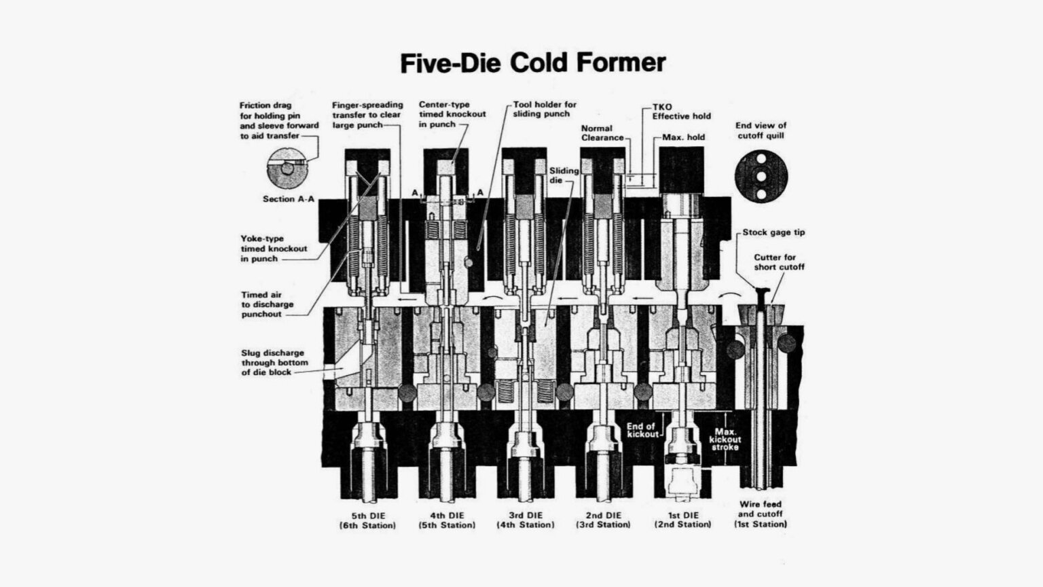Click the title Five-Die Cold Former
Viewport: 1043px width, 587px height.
point(532,63)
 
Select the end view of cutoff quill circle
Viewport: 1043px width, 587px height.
point(761,175)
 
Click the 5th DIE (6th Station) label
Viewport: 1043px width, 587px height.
point(368,520)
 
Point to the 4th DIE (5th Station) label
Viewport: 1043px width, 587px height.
point(447,520)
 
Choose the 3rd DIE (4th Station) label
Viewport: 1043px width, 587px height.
point(526,520)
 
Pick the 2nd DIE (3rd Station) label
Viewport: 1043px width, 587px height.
point(604,520)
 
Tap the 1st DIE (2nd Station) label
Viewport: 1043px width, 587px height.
point(683,520)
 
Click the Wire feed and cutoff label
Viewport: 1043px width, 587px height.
point(761,514)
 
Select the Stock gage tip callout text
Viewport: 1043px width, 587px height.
point(773,232)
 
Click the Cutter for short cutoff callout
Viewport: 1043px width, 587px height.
point(779,262)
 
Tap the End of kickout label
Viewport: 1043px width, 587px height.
point(642,430)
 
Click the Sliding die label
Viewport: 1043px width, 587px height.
point(564,175)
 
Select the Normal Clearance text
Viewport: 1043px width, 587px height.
point(602,133)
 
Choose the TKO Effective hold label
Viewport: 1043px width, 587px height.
point(681,112)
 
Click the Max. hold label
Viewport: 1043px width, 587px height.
point(683,137)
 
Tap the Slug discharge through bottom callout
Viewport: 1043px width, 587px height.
point(273,363)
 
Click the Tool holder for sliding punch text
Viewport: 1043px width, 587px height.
point(545,109)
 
